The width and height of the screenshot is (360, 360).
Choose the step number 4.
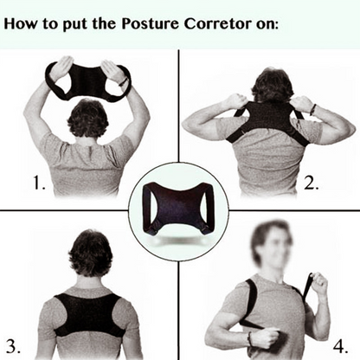coord(341,340)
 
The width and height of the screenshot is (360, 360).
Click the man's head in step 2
coord(271,87)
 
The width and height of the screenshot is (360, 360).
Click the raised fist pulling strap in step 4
coord(318,285)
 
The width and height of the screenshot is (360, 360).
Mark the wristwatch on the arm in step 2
coord(312,107)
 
